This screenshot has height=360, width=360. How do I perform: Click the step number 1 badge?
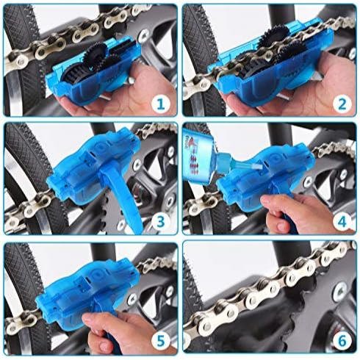(x=161, y=104)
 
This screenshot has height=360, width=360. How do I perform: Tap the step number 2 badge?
(x=342, y=104)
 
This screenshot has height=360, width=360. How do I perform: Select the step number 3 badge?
(x=161, y=222)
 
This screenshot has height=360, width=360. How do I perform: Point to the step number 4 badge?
(x=342, y=222)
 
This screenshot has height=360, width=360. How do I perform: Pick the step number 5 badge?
(x=161, y=342)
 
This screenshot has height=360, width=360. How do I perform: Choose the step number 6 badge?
(x=342, y=341)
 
